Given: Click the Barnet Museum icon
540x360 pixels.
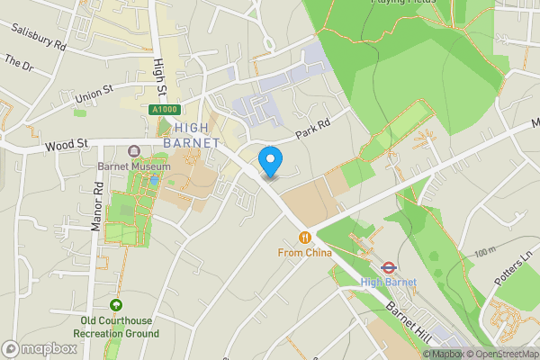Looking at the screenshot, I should coord(134,152).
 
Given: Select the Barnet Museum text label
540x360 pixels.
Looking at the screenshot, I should coord(134,167).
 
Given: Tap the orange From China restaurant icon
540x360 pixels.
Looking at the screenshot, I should coord(306,238).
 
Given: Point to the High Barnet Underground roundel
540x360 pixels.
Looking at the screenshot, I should coord(389,267).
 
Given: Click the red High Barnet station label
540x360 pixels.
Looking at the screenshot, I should coord(389,283).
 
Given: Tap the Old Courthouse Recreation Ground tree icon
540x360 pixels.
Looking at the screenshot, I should coord(115,305).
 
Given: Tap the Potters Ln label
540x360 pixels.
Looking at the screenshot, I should coord(514,268).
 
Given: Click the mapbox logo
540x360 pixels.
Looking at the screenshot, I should coord(39,348).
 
